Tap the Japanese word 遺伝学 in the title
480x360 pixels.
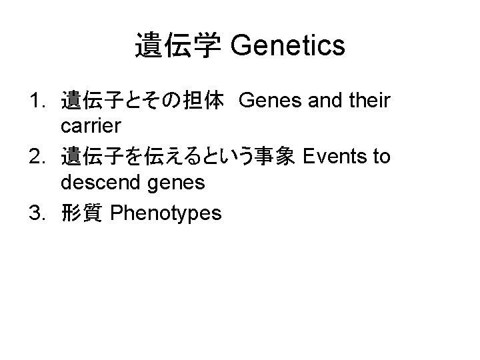tap(177, 46)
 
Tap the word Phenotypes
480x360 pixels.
tap(165, 213)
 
